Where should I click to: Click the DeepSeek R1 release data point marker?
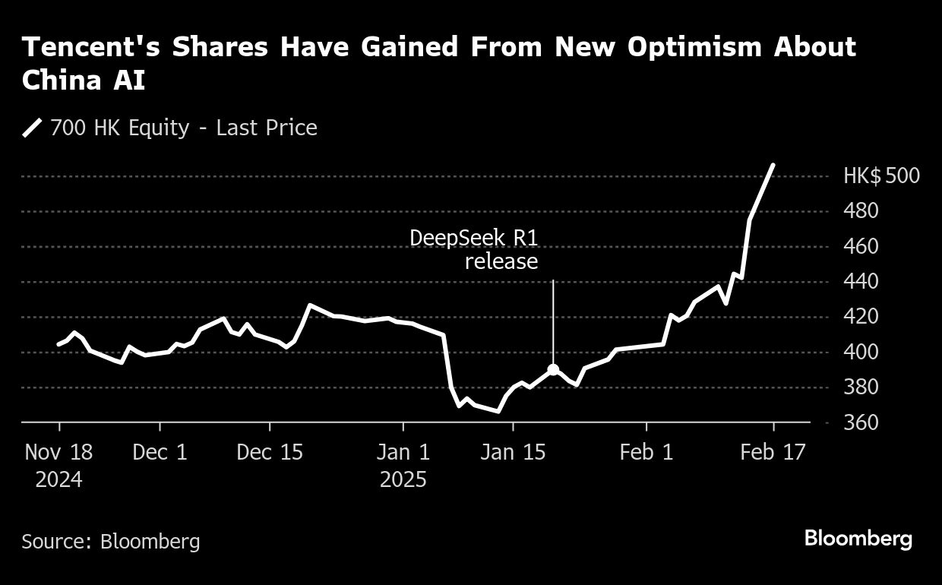pyautogui.click(x=553, y=370)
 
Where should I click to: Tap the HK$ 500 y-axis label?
pyautogui.click(x=881, y=176)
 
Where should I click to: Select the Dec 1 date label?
pyautogui.click(x=160, y=452)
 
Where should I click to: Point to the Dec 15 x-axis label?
pyautogui.click(x=269, y=452)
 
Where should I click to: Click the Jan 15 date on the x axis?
pyautogui.click(x=513, y=452)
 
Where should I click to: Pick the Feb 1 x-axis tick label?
pyautogui.click(x=646, y=452)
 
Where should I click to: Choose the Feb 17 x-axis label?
pyautogui.click(x=773, y=452)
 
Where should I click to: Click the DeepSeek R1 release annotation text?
pyautogui.click(x=474, y=249)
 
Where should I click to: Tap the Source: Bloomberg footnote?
pyautogui.click(x=111, y=541)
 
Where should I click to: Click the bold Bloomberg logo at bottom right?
pyautogui.click(x=858, y=539)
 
